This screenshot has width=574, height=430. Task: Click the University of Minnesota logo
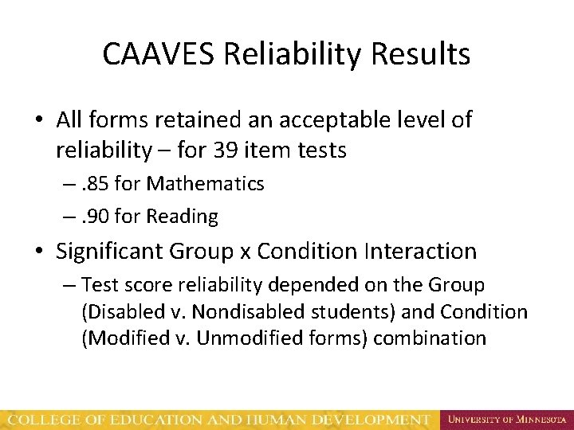506,419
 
